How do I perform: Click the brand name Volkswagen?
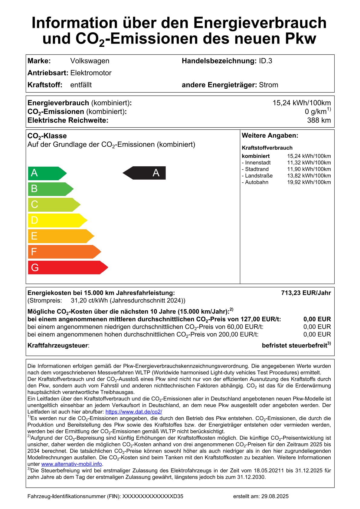click(90, 61)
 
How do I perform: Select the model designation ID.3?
click(265, 61)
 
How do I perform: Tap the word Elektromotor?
click(91, 73)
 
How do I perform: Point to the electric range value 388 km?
click(319, 120)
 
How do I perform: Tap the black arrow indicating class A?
click(145, 173)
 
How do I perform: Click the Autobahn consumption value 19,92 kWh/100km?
click(309, 182)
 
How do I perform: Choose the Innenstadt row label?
click(256, 163)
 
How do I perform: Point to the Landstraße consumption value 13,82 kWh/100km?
click(309, 176)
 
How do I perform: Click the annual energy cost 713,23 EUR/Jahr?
click(306, 293)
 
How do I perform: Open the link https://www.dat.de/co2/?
click(134, 412)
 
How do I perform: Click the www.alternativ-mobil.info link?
click(71, 464)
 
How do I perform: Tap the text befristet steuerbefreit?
click(295, 346)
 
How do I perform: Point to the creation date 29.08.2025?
click(275, 496)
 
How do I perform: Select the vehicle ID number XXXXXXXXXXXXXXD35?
click(153, 496)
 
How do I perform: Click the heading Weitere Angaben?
click(270, 136)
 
